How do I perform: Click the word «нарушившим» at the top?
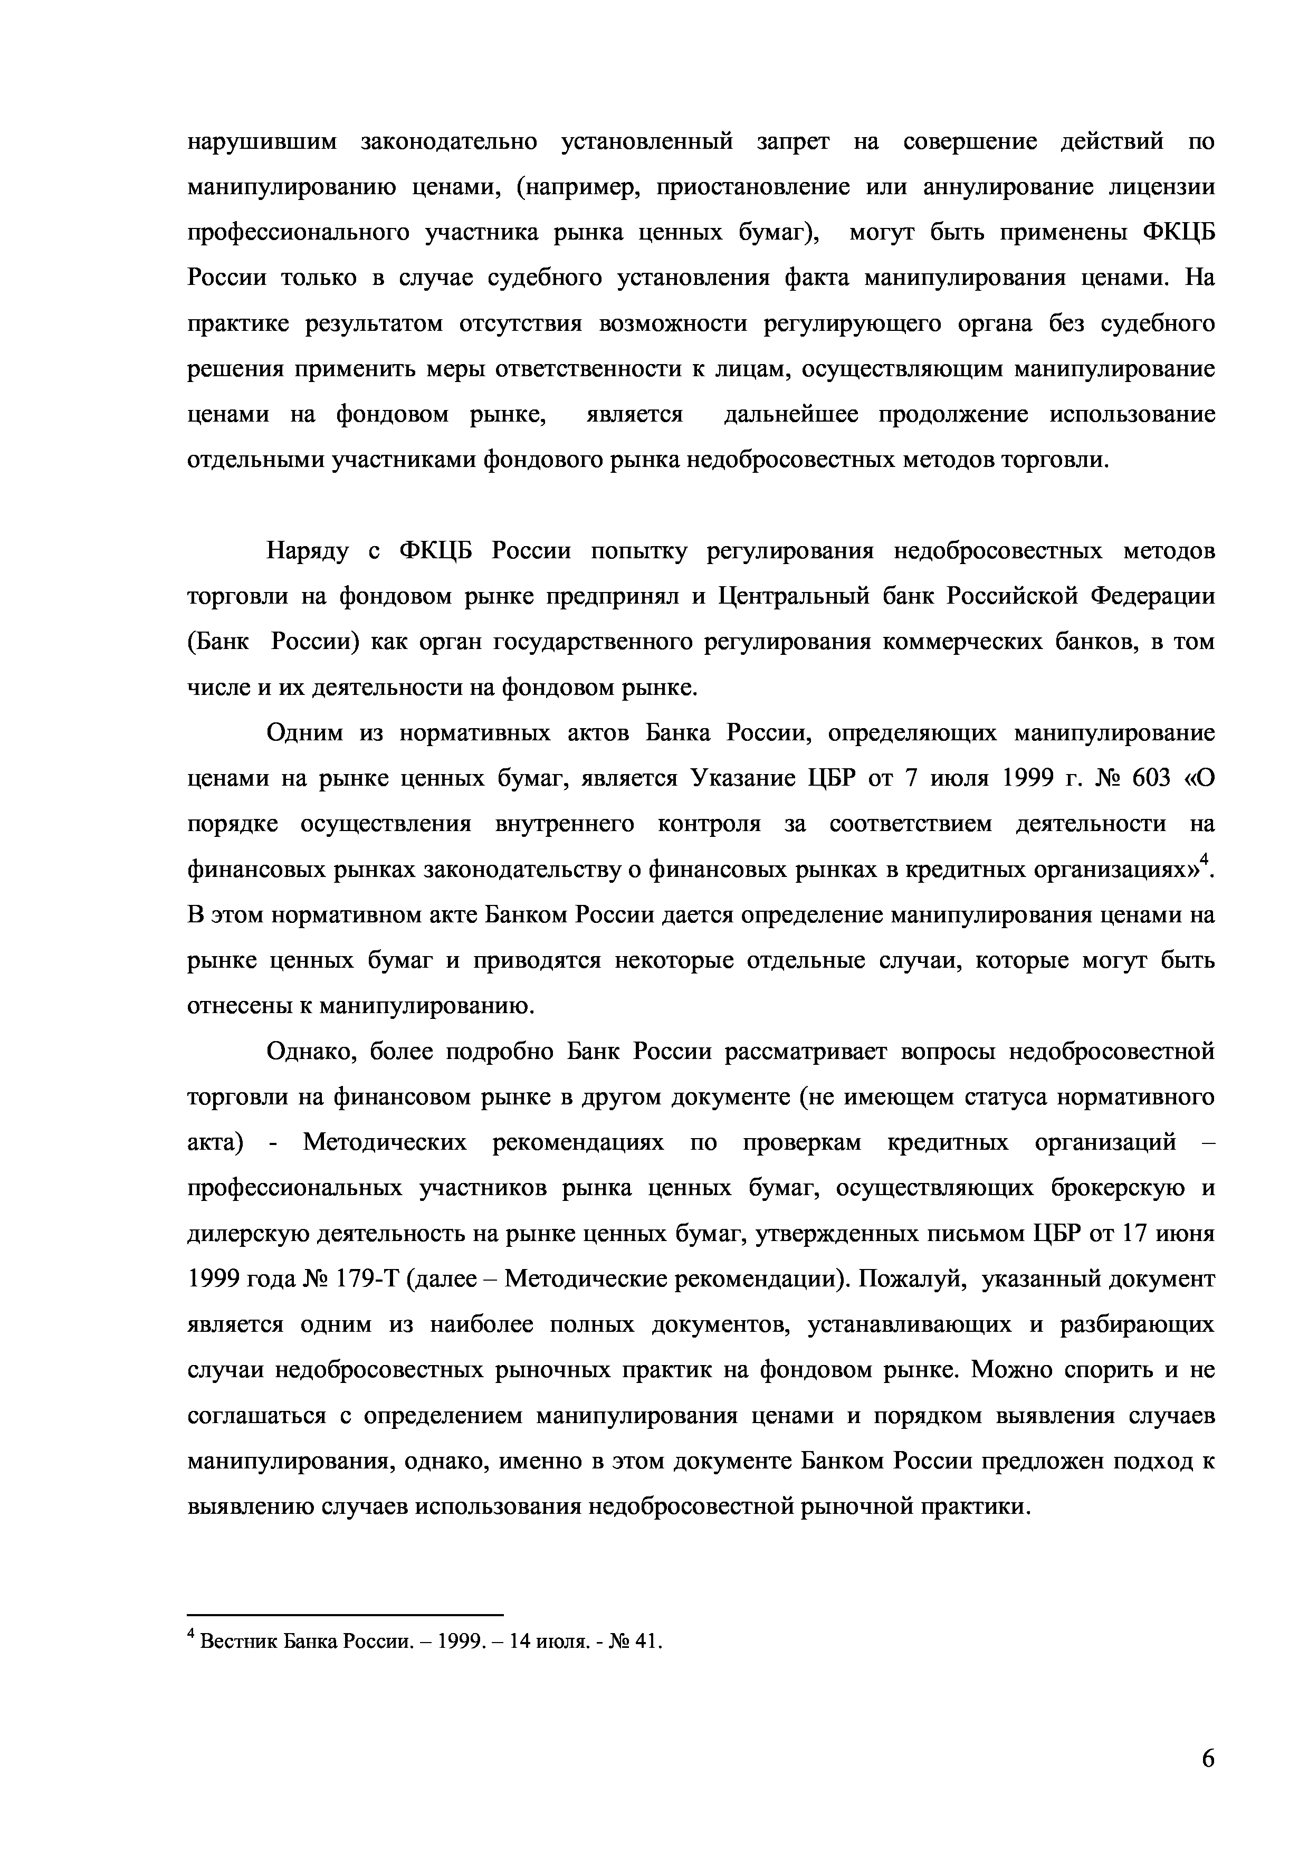click(254, 142)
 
